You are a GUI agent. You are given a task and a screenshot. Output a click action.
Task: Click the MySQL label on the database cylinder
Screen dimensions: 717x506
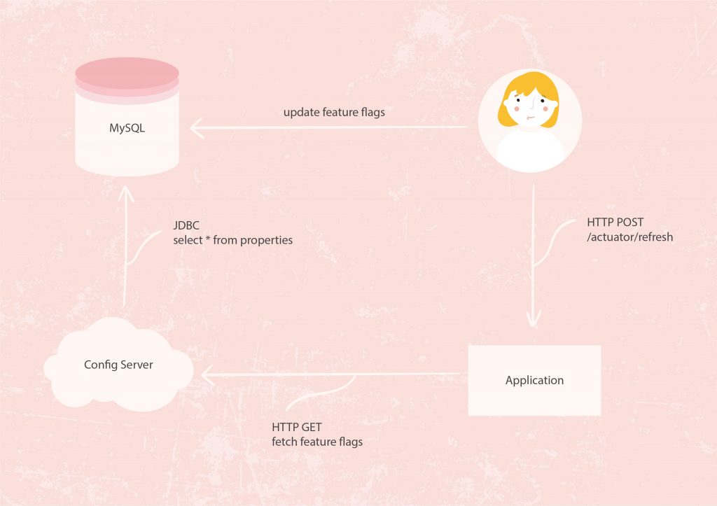point(127,128)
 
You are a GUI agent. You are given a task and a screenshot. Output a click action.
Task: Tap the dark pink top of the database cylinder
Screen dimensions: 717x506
point(127,73)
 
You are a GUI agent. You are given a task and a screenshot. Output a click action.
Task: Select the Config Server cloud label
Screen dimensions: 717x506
point(118,365)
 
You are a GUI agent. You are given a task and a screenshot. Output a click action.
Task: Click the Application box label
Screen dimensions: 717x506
point(534,380)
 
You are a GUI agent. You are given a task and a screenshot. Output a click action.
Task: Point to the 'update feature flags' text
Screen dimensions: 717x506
point(334,113)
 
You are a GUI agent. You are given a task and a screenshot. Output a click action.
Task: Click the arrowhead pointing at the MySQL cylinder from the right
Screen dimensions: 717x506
point(197,127)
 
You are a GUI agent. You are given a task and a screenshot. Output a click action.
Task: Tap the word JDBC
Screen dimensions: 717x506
point(186,225)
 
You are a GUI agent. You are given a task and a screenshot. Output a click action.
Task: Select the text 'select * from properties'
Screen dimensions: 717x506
point(232,240)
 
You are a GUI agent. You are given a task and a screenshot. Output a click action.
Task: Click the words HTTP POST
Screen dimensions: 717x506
point(615,222)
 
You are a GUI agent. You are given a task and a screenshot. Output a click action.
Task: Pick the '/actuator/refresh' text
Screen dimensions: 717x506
point(630,237)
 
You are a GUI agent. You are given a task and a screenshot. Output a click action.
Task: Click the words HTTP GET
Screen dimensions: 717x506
point(297,428)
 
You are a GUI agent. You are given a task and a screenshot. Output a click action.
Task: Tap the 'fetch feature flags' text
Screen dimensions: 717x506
point(317,442)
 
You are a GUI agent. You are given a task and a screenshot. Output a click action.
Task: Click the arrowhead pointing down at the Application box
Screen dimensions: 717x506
point(533,319)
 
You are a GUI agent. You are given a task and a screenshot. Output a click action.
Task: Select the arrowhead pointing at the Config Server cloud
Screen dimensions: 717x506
point(207,375)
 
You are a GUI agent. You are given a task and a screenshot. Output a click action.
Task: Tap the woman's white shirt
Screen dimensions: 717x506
point(530,152)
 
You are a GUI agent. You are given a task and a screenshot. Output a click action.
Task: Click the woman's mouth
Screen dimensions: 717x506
point(529,118)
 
